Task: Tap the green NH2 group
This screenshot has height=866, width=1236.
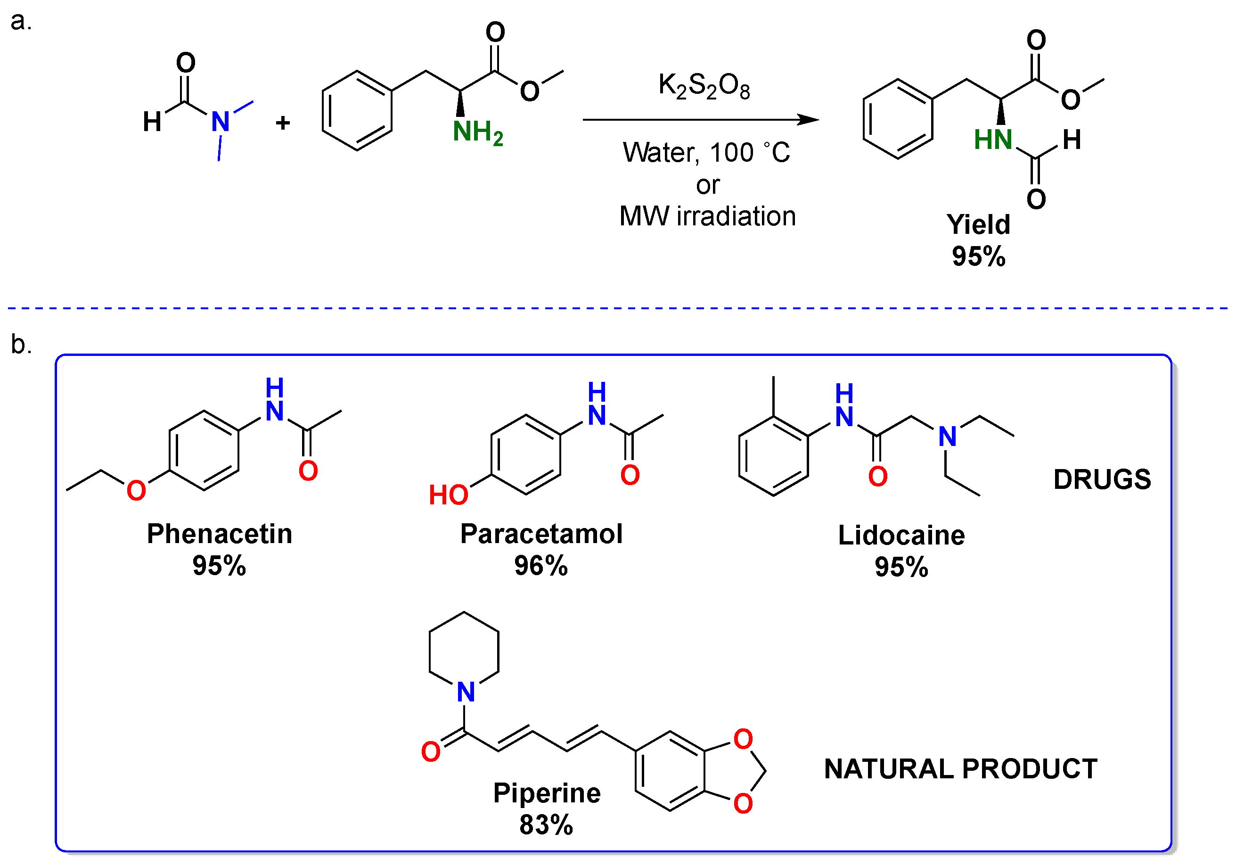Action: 477,132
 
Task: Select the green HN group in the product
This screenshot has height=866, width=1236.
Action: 993,140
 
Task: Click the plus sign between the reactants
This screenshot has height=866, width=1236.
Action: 283,124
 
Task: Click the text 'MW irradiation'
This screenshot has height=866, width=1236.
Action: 707,216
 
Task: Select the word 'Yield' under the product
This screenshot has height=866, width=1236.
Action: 978,224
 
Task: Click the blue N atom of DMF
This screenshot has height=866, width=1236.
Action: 220,122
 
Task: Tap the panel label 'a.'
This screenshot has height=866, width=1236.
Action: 21,22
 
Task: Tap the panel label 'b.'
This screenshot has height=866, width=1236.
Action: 21,345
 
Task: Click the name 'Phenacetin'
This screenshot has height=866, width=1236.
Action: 220,534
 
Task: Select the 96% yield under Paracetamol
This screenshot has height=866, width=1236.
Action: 540,566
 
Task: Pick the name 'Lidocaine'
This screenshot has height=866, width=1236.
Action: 901,536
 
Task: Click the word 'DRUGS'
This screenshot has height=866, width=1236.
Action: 1102,479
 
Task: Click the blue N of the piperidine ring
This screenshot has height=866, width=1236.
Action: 466,692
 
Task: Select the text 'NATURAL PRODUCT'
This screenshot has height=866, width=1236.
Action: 960,769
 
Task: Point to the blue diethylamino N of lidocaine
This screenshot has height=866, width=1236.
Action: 947,437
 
